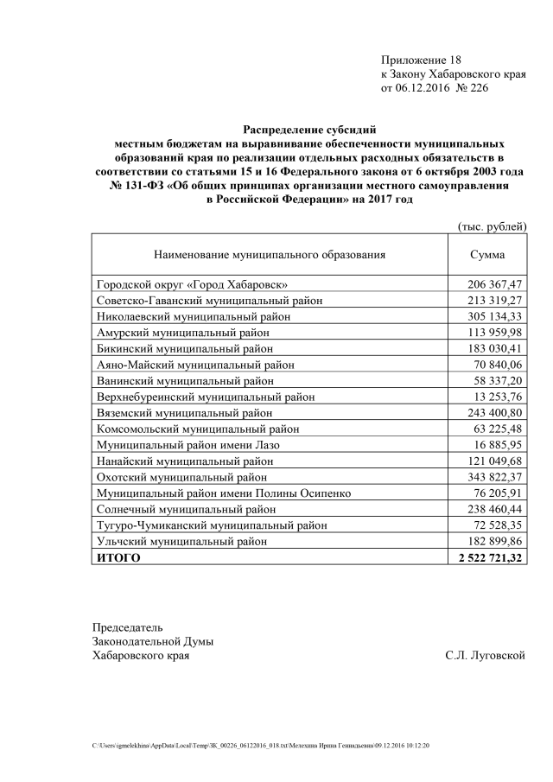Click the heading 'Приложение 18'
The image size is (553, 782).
coord(422,60)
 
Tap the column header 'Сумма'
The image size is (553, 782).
coord(487,255)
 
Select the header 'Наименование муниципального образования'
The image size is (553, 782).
coord(270,255)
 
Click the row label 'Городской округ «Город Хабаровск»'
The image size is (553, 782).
coord(191,283)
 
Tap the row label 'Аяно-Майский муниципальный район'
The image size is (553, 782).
coord(194,365)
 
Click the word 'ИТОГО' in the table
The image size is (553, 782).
coord(117,557)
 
